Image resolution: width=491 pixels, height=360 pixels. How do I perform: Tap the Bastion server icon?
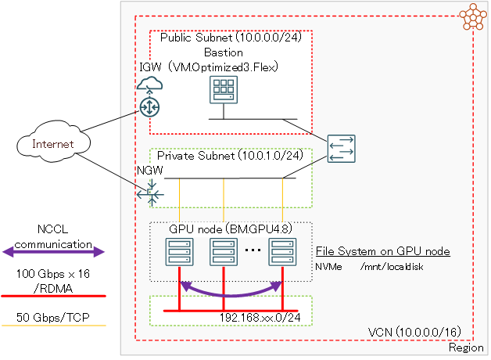224,93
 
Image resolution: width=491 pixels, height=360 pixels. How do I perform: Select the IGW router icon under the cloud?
149,106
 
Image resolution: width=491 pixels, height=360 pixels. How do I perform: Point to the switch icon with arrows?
342,149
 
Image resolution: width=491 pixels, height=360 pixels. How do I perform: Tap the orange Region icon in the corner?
471,17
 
